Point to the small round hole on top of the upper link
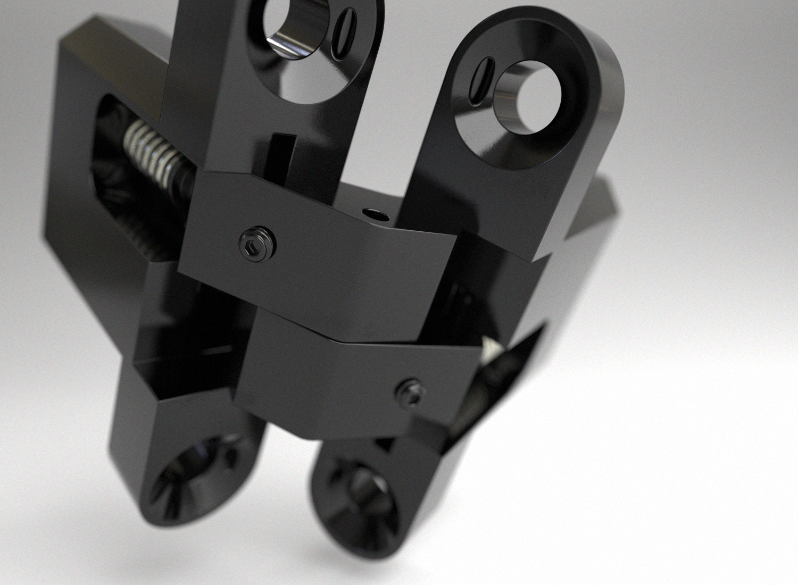(x=375, y=214)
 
